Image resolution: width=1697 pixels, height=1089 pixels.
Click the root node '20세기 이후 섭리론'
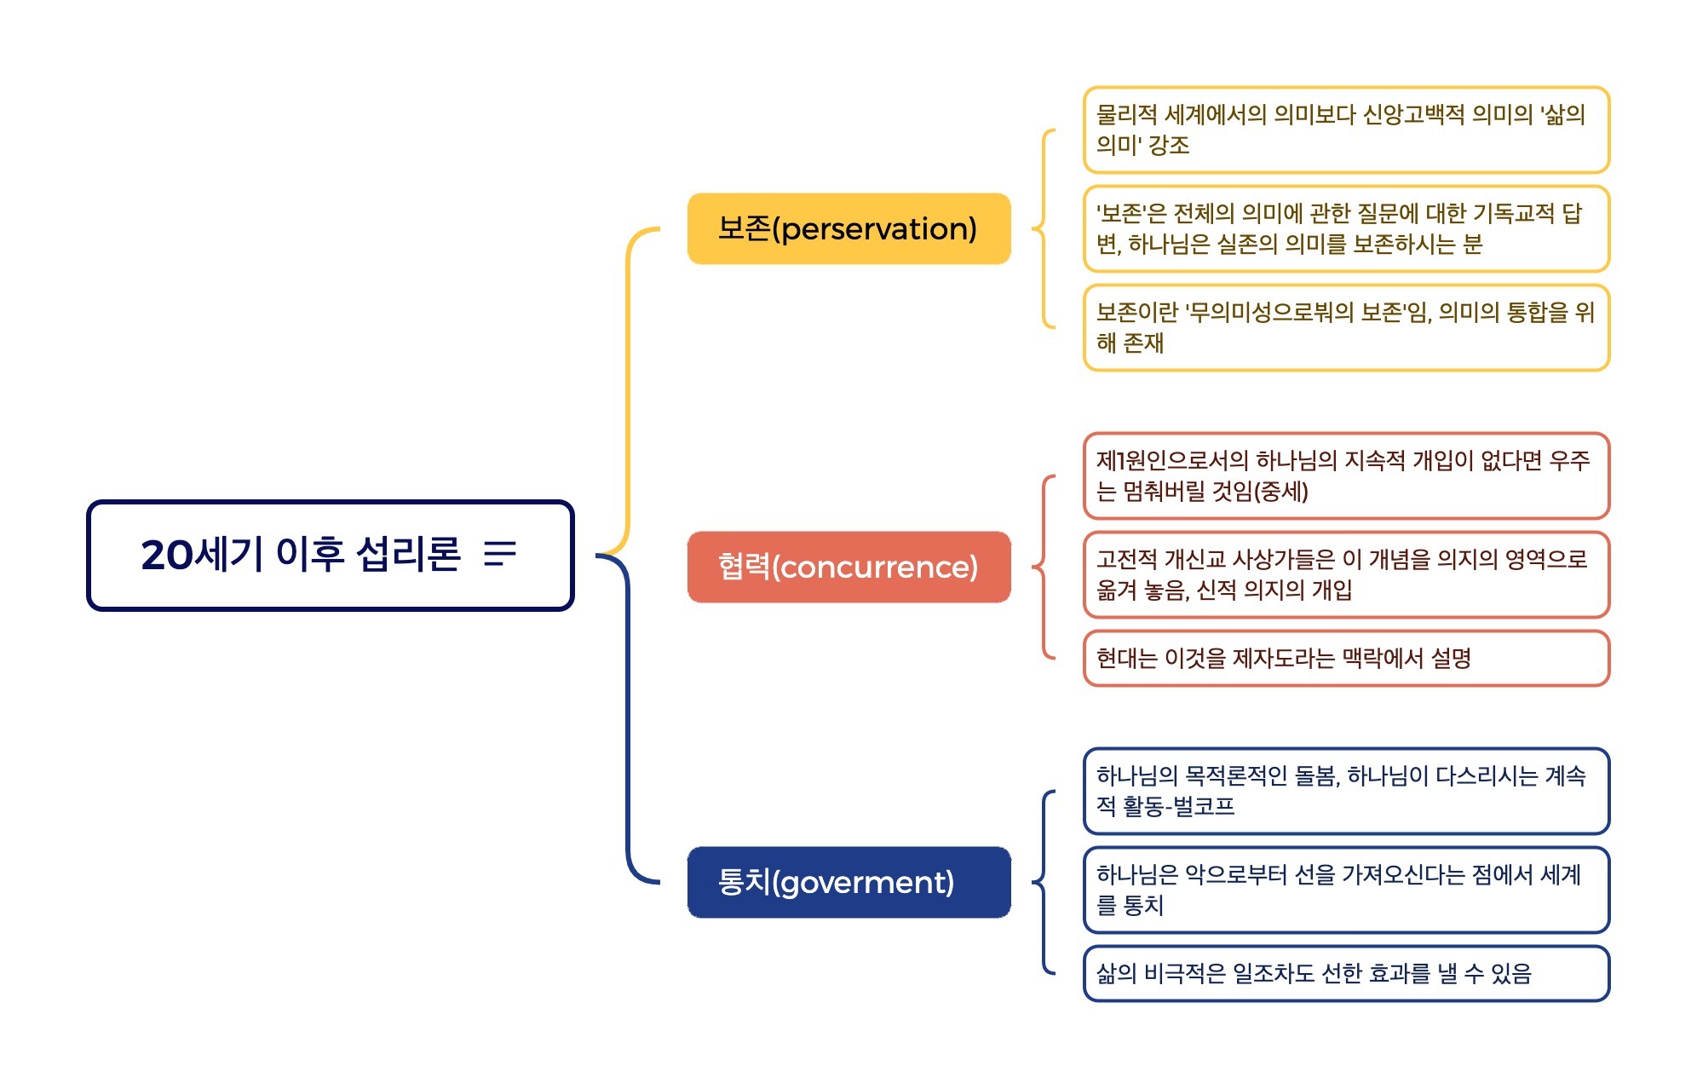[330, 555]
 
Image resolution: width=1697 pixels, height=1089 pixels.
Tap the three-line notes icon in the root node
[500, 553]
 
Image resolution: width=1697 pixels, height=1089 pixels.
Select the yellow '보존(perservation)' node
[848, 228]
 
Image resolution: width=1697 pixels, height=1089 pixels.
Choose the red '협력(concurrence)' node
[848, 567]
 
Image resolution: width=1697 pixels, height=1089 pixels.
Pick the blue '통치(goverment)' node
[848, 882]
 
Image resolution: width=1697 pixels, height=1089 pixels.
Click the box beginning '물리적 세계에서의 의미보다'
[1345, 130]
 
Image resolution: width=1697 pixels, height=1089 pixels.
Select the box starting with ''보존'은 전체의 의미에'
[1345, 228]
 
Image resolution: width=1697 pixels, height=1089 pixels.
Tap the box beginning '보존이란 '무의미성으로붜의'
[1345, 327]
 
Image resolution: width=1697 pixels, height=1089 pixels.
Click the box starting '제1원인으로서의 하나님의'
[1345, 475]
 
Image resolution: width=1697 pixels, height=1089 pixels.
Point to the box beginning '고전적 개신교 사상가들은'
[1345, 574]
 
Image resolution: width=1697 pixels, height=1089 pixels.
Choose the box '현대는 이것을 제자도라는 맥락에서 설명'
[1345, 658]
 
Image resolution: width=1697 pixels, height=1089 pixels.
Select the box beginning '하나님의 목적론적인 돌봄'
[1345, 791]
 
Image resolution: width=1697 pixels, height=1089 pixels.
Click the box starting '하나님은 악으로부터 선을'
[1345, 890]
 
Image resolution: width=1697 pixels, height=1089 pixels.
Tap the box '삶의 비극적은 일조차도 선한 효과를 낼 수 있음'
[1345, 973]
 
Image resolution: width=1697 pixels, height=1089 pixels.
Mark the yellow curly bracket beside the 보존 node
[1044, 228]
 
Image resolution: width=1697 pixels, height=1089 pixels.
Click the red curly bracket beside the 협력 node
[1044, 567]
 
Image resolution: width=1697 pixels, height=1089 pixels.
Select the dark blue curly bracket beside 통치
[1044, 882]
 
